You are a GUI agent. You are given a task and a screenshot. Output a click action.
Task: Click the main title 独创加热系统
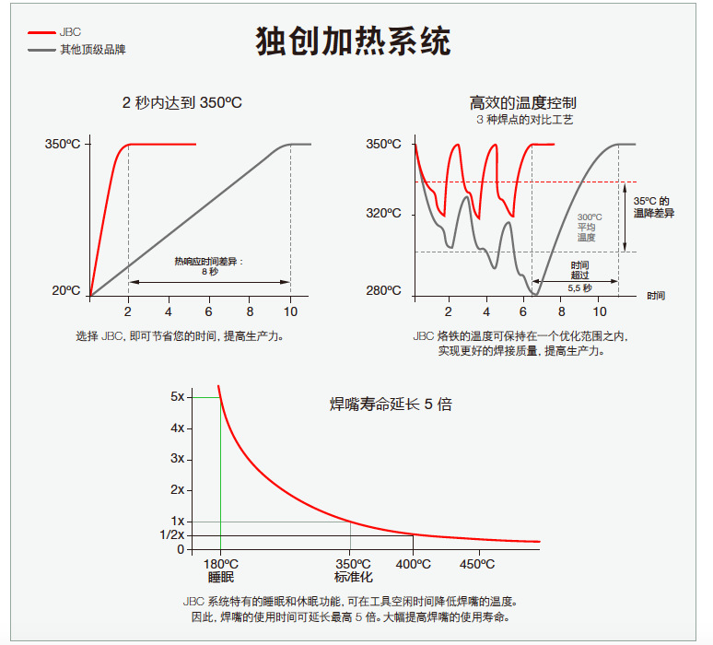coord(353,41)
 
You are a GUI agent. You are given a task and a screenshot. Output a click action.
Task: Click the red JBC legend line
coord(41,33)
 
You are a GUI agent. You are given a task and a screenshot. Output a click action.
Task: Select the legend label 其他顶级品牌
coord(93,49)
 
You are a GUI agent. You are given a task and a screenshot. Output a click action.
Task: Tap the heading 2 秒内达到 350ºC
coord(181,102)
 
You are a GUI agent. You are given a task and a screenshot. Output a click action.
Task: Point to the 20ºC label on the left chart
coord(66,290)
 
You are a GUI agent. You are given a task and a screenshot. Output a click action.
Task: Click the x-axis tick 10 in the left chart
coord(290,311)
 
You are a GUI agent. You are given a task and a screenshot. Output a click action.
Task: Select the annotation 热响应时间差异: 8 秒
coord(210,266)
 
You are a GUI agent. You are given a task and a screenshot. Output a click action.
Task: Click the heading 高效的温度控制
coord(523,103)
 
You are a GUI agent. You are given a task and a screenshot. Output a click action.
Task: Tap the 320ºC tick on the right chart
coord(384,214)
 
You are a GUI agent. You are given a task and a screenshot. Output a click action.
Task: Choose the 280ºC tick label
coord(384,290)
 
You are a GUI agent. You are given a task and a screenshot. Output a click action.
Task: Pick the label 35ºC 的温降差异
coord(654,207)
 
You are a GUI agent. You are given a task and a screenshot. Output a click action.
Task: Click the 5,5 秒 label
coord(579,287)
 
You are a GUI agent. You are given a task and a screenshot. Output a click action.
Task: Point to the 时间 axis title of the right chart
coord(656,296)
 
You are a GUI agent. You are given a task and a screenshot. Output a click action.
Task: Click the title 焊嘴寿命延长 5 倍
coord(392,404)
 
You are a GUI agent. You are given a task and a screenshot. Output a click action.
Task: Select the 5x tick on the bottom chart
coord(178,396)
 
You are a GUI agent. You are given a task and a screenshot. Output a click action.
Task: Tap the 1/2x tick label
coord(172,535)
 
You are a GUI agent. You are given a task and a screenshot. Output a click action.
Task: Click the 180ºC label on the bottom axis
coord(220,564)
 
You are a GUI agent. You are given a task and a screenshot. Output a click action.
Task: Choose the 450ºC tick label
coord(477,564)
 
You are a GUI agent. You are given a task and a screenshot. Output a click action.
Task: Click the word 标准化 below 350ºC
coord(354,577)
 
